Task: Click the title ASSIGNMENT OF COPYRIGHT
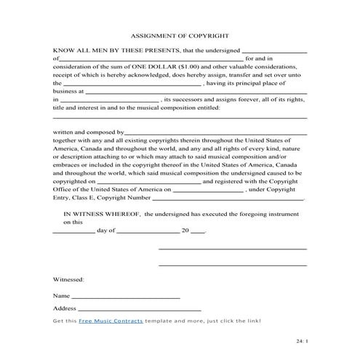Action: click(180, 35)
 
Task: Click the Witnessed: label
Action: click(68, 279)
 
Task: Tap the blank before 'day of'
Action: click(73, 231)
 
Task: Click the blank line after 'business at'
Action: click(196, 93)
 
